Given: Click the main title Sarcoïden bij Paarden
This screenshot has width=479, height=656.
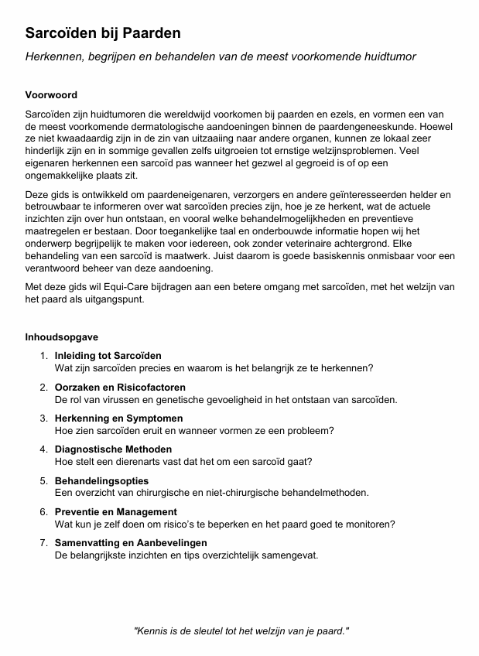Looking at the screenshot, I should coord(103,33).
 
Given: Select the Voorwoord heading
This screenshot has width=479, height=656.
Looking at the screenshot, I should coord(51,95).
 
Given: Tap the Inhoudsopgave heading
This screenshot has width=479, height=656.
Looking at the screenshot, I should coord(62,337).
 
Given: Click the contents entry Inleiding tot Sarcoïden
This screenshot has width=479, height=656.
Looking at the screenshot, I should coord(108,356).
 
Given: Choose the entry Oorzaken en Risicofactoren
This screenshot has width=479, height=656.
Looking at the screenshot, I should coord(120,387).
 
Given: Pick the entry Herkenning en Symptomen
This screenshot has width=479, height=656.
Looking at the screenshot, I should coord(118,419).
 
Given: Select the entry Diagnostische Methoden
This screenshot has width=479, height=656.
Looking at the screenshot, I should coord(113,449).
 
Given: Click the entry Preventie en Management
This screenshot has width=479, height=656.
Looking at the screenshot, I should coord(115,511).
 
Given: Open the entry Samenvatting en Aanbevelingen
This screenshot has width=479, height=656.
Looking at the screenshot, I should coord(131,543).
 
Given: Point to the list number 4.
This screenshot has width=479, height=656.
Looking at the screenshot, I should coord(43,449).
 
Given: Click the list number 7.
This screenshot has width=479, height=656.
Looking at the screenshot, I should coord(43,543).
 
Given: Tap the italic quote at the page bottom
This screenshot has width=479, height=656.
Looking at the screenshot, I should coord(241,631).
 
